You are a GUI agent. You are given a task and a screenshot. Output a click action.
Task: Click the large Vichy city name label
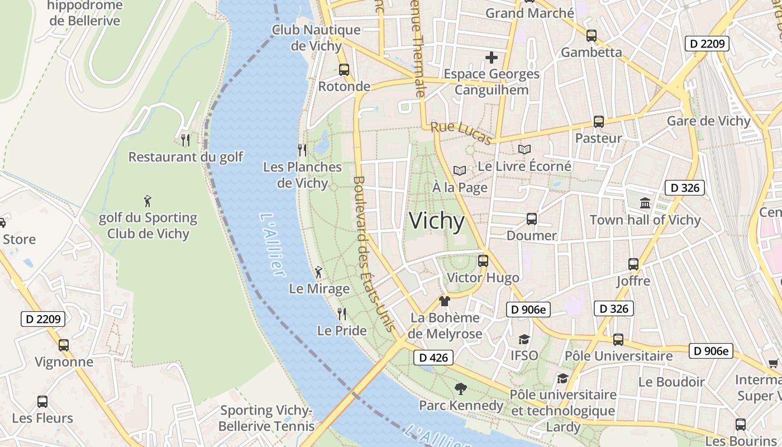[437, 221]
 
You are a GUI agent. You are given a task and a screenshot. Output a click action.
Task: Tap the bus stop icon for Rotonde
[344, 70]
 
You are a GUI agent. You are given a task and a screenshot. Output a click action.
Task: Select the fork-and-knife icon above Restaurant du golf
[186, 140]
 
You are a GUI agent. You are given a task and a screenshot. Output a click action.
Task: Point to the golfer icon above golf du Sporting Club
[147, 201]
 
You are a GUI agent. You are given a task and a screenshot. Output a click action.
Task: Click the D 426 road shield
[433, 358]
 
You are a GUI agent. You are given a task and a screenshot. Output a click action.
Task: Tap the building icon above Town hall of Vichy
[645, 203]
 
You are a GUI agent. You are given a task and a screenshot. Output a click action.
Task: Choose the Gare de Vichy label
[709, 121]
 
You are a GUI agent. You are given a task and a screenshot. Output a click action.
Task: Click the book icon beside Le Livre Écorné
[524, 149]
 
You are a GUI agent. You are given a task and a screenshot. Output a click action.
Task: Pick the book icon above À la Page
[460, 170]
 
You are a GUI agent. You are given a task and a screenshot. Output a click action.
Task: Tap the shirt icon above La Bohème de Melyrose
[445, 301]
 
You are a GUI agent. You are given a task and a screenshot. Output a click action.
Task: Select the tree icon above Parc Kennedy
[461, 388]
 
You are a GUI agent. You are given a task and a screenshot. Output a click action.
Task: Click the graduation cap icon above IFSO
[524, 339]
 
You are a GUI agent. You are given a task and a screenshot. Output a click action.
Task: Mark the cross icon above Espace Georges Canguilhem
[492, 57]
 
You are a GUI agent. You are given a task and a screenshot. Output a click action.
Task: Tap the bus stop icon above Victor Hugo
[483, 260]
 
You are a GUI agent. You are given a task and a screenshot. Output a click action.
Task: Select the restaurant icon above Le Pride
[342, 313]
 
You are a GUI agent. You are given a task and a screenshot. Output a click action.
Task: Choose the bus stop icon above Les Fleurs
[42, 401]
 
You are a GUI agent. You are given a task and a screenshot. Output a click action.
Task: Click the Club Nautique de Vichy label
[316, 37]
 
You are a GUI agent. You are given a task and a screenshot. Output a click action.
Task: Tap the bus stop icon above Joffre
[633, 264]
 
